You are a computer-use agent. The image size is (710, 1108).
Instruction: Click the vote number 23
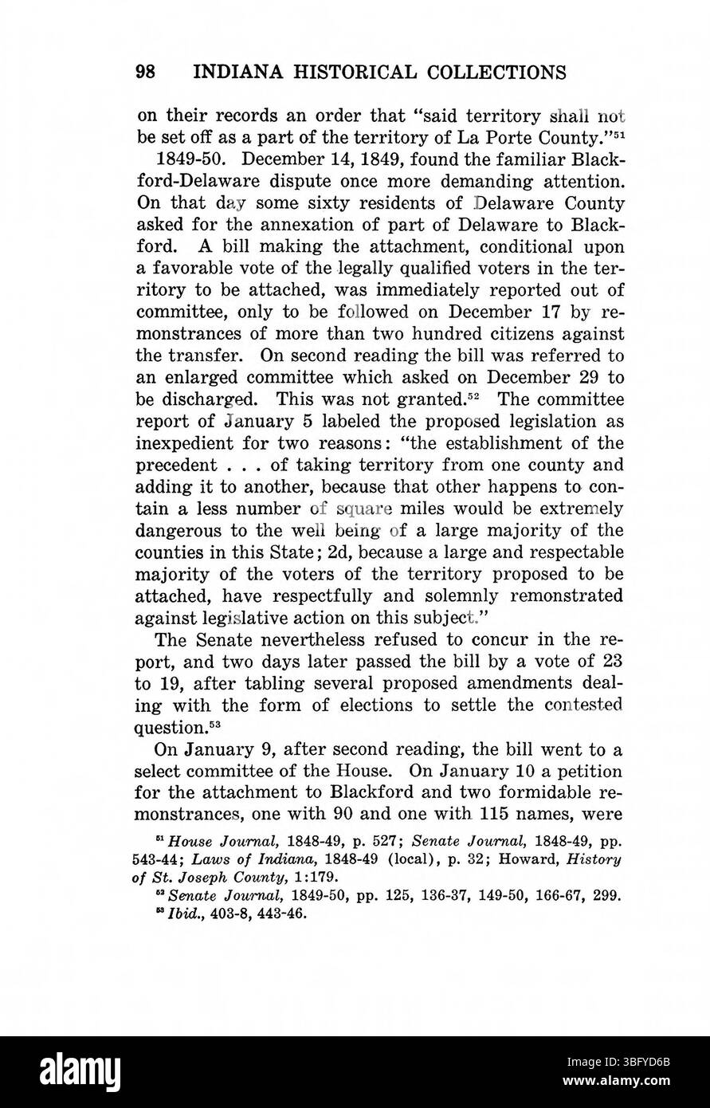point(613,660)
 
